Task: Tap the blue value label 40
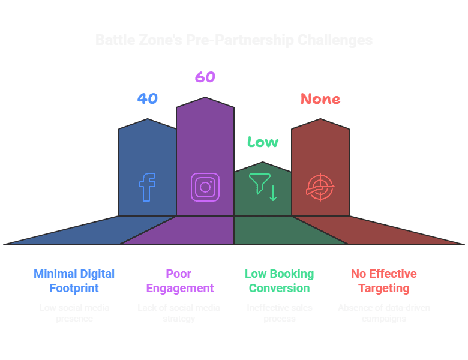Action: coord(147,98)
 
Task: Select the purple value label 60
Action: coord(205,77)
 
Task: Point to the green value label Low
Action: coord(263,142)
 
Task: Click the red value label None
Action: coord(320,98)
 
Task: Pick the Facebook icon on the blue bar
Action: coord(147,187)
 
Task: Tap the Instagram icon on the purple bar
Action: coord(205,187)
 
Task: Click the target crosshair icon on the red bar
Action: coord(320,187)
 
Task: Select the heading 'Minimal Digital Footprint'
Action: coord(74,281)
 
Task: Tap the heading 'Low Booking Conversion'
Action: coord(279,281)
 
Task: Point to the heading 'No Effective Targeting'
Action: coord(384,281)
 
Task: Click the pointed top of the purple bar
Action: coord(205,98)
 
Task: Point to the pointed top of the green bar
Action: coord(263,163)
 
